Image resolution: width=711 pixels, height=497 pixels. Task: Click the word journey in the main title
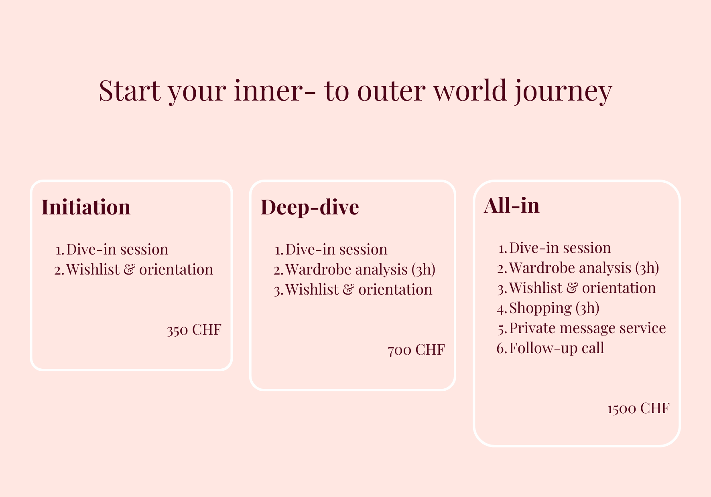point(563,91)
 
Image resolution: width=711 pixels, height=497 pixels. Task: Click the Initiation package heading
point(86,207)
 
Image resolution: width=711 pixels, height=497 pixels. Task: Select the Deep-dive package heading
point(310,207)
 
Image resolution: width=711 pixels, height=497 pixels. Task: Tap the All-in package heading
point(512,205)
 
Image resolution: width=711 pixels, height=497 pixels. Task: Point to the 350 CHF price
point(194,330)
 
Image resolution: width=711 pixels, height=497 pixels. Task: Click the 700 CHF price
point(416,350)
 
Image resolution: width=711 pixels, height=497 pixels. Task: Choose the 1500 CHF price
point(638,408)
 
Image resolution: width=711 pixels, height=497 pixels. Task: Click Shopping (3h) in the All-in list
point(554,308)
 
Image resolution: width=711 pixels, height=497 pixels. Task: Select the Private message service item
point(587,328)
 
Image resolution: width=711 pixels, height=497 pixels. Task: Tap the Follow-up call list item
point(557,348)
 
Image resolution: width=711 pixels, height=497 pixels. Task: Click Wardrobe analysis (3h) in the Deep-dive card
point(360,269)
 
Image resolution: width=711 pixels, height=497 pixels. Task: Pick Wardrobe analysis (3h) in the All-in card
point(584,268)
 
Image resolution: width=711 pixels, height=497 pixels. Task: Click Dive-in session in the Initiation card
point(117,249)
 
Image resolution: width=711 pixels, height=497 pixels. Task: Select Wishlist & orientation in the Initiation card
point(140,269)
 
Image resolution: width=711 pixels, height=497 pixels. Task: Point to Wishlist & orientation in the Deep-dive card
point(359,289)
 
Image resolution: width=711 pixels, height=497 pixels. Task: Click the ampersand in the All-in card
point(572,288)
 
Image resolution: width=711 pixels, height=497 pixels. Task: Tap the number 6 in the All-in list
point(500,348)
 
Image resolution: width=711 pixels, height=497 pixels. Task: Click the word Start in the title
point(130,91)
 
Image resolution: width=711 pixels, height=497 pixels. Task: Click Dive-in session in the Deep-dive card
point(336,249)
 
